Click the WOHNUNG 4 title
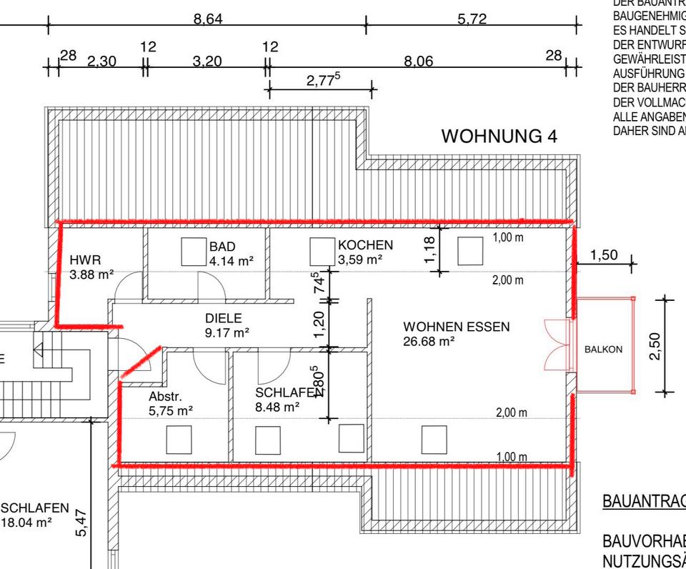point(499,136)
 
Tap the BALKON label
point(603,350)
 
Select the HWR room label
point(85,259)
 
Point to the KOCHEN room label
point(365,245)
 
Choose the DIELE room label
point(224,318)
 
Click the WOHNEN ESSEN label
point(457,327)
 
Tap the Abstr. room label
point(166,397)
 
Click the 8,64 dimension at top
point(208,19)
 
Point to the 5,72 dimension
point(472,19)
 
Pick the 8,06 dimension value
point(419,62)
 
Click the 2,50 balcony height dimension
point(655,346)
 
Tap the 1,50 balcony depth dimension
point(604,256)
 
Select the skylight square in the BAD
point(193,252)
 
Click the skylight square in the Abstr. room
point(179,439)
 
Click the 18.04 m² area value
point(27,523)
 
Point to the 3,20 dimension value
point(207,62)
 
